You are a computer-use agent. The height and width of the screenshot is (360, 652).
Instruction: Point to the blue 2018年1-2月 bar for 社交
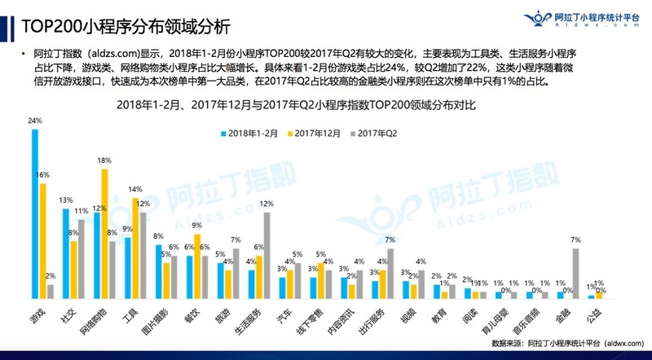click(66, 253)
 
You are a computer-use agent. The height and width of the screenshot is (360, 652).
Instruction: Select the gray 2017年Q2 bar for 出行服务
click(390, 274)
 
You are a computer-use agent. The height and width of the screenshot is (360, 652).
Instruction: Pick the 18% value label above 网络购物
click(104, 161)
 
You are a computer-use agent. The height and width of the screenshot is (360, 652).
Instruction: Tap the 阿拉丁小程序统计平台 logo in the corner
click(570, 18)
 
